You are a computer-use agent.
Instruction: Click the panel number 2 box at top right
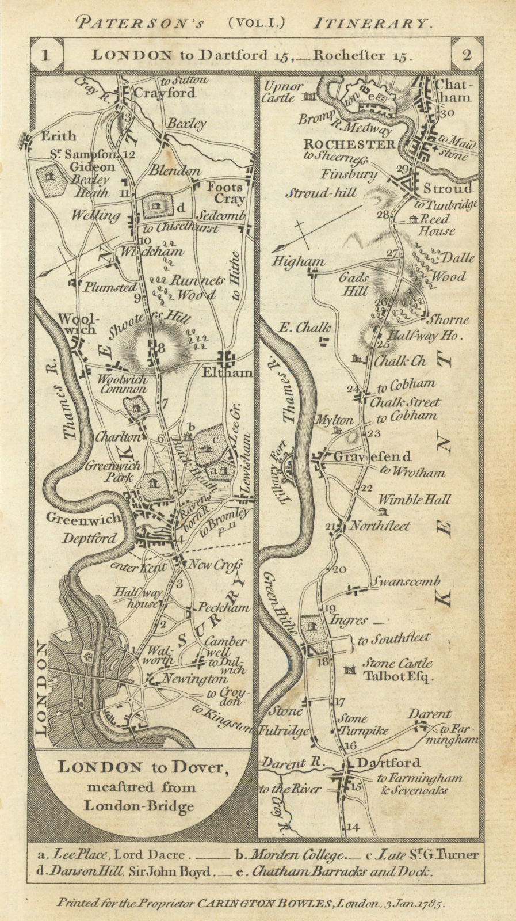[x=467, y=55]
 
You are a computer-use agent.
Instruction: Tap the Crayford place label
[x=165, y=93]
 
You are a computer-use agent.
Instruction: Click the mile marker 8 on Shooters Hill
[x=162, y=347]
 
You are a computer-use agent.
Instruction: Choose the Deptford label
[x=89, y=539]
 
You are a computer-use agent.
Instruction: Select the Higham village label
[x=297, y=262]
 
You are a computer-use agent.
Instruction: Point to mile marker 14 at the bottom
[x=353, y=827]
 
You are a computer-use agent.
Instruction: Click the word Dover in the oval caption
[x=205, y=767]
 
